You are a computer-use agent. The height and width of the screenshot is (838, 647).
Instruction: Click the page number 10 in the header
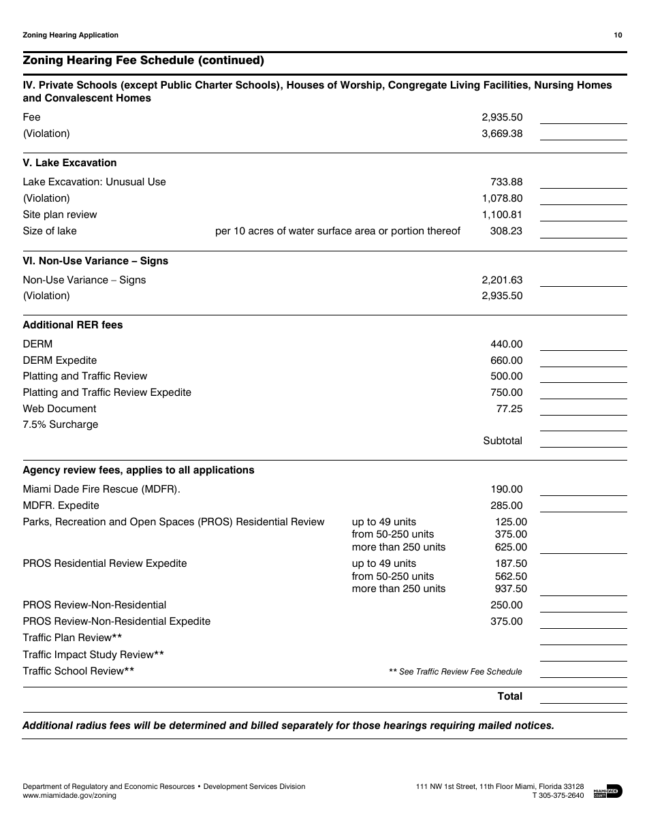[x=618, y=35]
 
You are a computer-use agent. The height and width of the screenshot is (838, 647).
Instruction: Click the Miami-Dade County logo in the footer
[x=607, y=791]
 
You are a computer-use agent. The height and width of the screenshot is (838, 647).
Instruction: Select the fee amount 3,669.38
[x=502, y=134]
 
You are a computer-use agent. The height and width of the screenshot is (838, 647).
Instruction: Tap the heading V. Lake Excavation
[x=69, y=163]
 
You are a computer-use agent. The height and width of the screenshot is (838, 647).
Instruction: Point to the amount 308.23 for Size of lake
[x=506, y=231]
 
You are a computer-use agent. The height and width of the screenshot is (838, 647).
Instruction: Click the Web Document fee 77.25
[x=509, y=409]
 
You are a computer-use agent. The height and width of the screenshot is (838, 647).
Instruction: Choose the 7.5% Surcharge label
[x=61, y=424]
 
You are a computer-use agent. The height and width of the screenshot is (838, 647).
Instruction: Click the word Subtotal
[x=503, y=441]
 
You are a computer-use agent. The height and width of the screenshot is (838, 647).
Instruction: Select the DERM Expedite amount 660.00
[x=506, y=360]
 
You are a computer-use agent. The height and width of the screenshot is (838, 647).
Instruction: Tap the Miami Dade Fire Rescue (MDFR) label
[x=101, y=489]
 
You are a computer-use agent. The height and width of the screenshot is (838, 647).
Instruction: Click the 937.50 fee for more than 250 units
[x=511, y=589]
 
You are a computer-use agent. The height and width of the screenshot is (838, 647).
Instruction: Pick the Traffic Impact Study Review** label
[x=93, y=655]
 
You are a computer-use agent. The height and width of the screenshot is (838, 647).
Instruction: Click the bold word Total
[x=510, y=696]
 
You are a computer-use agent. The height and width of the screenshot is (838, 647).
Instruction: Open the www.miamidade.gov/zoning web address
[x=69, y=795]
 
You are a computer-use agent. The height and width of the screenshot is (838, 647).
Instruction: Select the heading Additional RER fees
[x=73, y=325]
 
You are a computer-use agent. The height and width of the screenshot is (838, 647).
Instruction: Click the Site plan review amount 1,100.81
[x=502, y=215]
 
